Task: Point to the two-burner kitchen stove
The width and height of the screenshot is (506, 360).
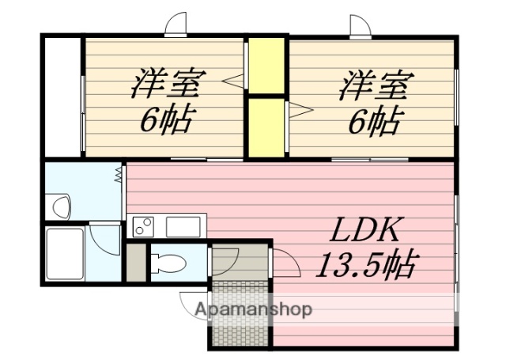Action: click(144, 225)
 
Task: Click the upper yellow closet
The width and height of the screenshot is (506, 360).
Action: click(267, 65)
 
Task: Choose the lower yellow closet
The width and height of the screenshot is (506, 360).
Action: click(267, 125)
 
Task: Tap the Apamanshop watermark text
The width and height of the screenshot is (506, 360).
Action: click(253, 309)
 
